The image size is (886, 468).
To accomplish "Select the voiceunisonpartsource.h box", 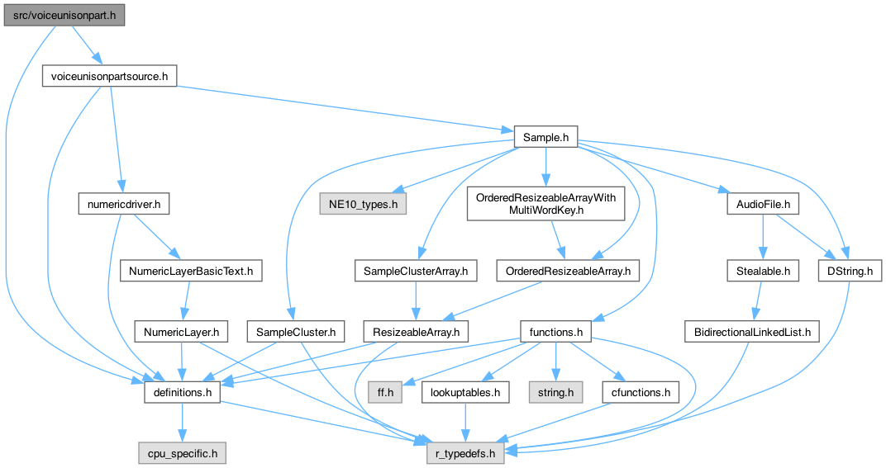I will pyautogui.click(x=109, y=77).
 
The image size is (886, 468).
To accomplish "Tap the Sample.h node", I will pyautogui.click(x=545, y=137).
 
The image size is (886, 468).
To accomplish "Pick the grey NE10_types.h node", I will pyautogui.click(x=363, y=202).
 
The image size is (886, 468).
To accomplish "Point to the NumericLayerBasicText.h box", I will pyautogui.click(x=191, y=269).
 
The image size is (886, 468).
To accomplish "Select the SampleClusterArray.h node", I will pyautogui.click(x=417, y=269).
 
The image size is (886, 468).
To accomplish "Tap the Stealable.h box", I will pyautogui.click(x=764, y=269).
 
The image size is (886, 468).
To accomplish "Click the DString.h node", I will pyautogui.click(x=850, y=269).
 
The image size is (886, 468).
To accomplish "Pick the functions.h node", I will pyautogui.click(x=556, y=332).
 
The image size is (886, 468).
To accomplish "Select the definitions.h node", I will pyautogui.click(x=183, y=392).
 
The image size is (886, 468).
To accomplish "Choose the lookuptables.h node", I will pyautogui.click(x=464, y=392).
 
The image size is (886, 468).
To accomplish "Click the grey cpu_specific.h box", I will pyautogui.click(x=182, y=452).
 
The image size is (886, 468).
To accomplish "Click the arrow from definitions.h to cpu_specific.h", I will pyautogui.click(x=183, y=423).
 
